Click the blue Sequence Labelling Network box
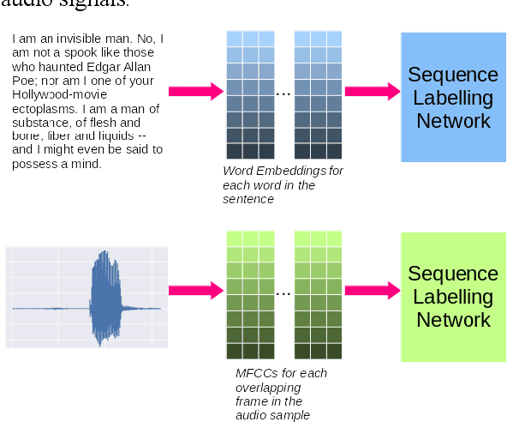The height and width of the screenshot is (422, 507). (x=453, y=97)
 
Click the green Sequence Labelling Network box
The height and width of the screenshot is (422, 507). (x=453, y=296)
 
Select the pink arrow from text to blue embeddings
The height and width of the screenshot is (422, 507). (x=194, y=91)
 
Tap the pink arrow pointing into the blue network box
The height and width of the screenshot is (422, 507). (x=372, y=91)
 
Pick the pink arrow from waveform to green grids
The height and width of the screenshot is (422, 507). (x=194, y=291)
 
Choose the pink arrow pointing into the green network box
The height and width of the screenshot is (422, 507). (x=372, y=291)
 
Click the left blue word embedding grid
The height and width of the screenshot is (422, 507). (x=250, y=94)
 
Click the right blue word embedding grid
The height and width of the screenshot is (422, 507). (x=319, y=94)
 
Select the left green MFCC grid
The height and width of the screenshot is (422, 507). (x=250, y=294)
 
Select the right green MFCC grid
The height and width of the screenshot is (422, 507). (x=319, y=294)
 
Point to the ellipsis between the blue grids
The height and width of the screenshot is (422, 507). (x=283, y=92)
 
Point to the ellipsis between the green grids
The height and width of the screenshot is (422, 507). (x=283, y=292)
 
